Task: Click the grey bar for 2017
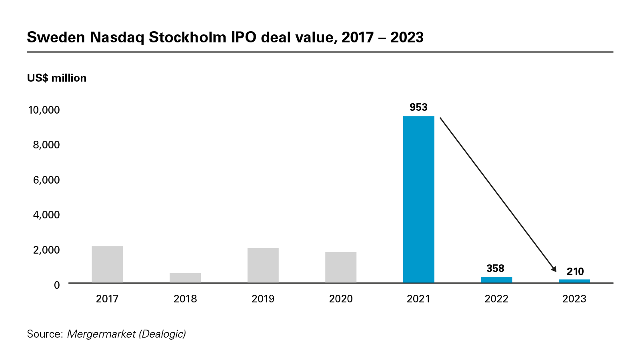click(x=107, y=264)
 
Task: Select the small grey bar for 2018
click(x=185, y=278)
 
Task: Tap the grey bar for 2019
click(x=263, y=265)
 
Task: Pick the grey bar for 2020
click(x=341, y=267)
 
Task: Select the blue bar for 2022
click(x=496, y=280)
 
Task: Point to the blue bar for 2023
click(x=574, y=281)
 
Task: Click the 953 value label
click(x=418, y=107)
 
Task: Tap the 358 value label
click(x=495, y=268)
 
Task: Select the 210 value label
click(x=575, y=272)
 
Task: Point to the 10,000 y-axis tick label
click(x=44, y=110)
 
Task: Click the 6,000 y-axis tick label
click(x=46, y=180)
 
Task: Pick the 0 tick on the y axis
click(x=57, y=285)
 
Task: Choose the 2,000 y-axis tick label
click(x=46, y=250)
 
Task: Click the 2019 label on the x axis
click(x=263, y=299)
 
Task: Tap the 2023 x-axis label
click(x=574, y=299)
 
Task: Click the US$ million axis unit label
click(x=57, y=78)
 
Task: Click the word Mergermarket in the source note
click(x=101, y=334)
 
